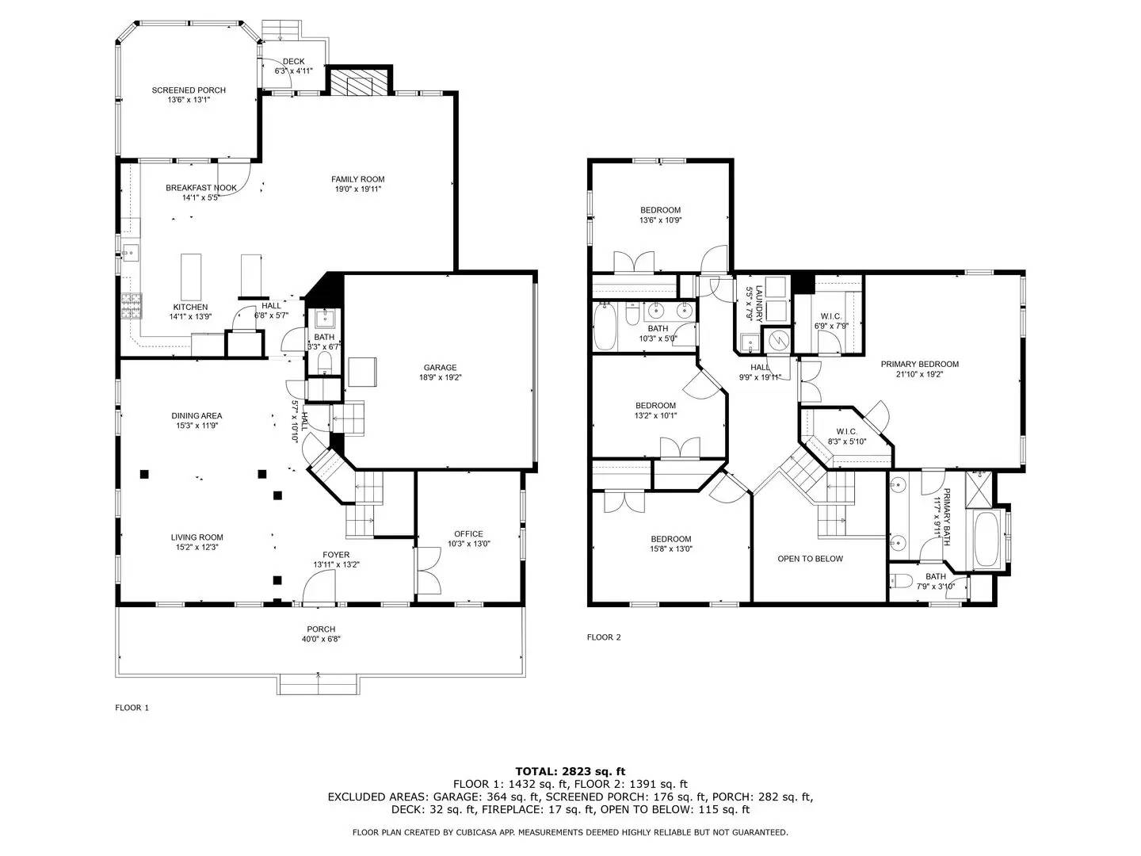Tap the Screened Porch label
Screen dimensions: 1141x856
[x=189, y=90]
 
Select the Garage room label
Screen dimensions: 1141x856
[x=440, y=368]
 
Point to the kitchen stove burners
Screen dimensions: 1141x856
[x=132, y=306]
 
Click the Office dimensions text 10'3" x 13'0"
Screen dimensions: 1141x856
[x=469, y=544]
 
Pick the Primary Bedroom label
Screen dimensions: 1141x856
[x=920, y=365]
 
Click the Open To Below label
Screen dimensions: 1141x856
[x=811, y=559]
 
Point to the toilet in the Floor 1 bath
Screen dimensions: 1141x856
[x=324, y=362]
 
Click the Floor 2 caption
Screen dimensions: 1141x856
[x=604, y=637]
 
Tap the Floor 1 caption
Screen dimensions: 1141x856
[x=132, y=707]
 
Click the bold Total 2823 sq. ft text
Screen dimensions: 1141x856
[x=570, y=771]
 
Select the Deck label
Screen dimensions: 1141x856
[x=294, y=61]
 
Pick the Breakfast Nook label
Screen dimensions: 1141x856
[x=201, y=188]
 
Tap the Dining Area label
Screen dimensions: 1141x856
[x=197, y=416]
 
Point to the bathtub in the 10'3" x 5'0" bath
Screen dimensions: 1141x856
[x=605, y=327]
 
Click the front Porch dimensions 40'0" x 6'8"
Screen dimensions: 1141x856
[x=321, y=639]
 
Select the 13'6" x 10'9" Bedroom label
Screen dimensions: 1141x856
[x=660, y=210]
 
